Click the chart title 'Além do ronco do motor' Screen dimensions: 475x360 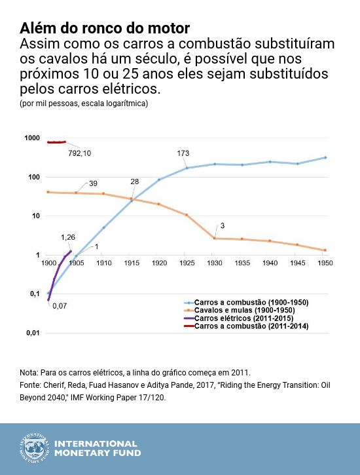coord(105,29)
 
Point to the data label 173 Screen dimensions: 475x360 coord(183,153)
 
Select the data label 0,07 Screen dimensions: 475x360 coord(60,305)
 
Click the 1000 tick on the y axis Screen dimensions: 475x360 coord(31,138)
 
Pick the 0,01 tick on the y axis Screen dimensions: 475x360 coord(33,333)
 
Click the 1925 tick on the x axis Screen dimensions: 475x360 coord(187,263)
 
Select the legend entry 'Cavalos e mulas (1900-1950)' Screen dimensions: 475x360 coord(244,310)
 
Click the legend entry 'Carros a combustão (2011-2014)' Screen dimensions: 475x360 coord(251,326)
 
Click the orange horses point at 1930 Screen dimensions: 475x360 coord(215,238)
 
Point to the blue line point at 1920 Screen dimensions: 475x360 coord(159,180)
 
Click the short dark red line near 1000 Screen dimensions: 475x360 coord(56,142)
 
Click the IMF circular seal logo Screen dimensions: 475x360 coord(33,448)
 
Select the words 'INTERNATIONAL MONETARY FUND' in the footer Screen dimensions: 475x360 coord(96,448)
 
